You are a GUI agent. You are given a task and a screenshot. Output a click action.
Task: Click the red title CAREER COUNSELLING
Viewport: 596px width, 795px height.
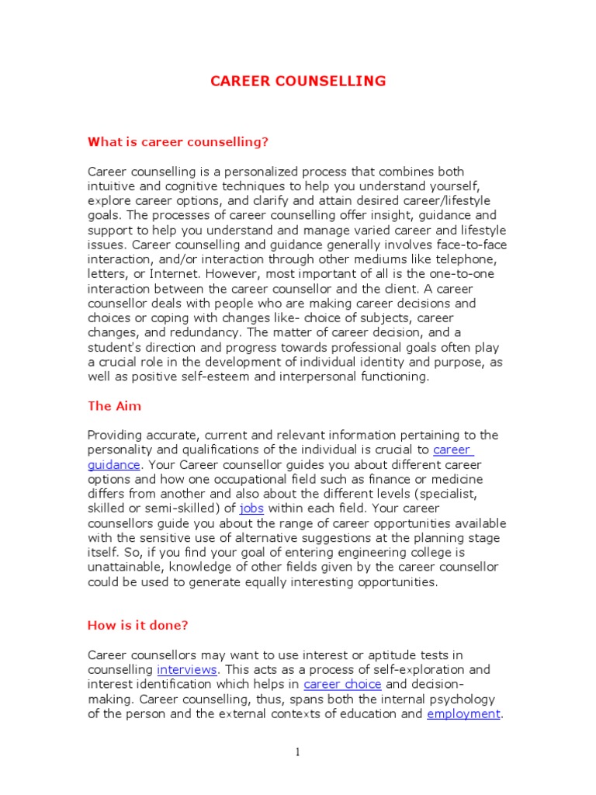(x=298, y=81)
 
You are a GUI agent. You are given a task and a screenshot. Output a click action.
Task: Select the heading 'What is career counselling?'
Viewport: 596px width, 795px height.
(x=178, y=141)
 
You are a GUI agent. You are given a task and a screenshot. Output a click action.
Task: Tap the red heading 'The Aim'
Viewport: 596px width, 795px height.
(x=114, y=406)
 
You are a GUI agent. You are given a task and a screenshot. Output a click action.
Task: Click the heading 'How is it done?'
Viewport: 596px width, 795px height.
(x=137, y=625)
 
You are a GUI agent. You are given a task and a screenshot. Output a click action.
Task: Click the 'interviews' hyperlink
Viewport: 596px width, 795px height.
(x=188, y=669)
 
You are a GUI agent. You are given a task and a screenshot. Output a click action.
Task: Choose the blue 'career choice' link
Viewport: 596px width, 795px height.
(x=342, y=684)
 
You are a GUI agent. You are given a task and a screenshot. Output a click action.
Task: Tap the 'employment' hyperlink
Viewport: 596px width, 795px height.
(x=463, y=713)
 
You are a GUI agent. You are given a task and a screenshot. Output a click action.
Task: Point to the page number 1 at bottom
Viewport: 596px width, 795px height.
(x=297, y=752)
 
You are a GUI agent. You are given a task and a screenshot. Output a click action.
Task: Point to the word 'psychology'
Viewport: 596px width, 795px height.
(x=469, y=699)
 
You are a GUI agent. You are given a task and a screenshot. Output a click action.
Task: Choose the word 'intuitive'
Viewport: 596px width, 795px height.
(x=112, y=186)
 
